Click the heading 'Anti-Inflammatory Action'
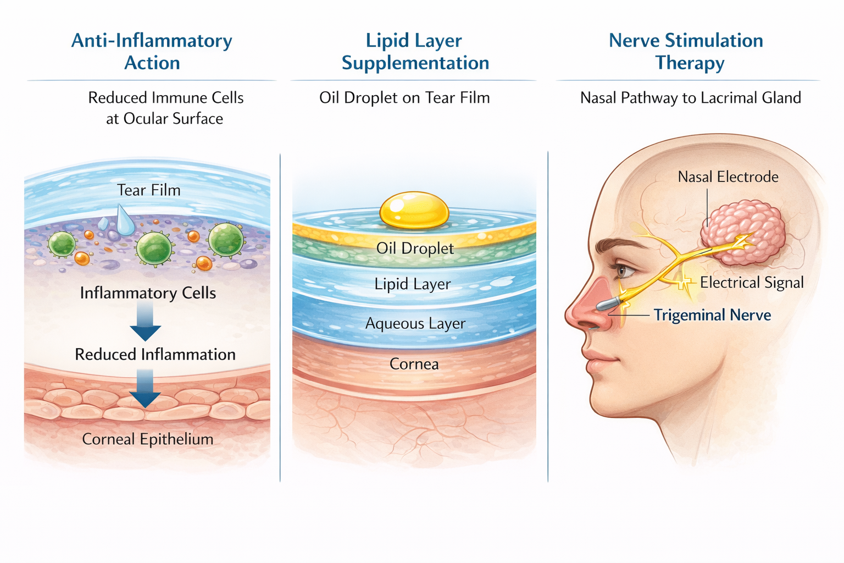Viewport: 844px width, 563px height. (x=152, y=52)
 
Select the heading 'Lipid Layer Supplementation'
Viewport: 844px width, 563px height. (x=415, y=52)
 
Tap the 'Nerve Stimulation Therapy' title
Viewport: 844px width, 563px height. (x=687, y=52)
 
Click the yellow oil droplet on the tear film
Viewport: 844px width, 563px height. (x=414, y=210)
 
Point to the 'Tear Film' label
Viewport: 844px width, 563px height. (x=148, y=190)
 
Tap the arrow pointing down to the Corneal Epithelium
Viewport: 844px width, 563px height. (x=145, y=389)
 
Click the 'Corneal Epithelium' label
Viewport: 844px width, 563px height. (x=147, y=439)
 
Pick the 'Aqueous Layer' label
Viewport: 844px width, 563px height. (x=415, y=323)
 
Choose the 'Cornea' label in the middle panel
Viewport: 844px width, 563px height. (x=414, y=364)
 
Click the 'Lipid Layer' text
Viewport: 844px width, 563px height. (x=412, y=284)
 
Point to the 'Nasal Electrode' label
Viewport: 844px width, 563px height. (x=728, y=177)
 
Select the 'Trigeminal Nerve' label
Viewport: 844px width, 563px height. (x=712, y=315)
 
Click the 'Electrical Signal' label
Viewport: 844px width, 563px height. (x=751, y=283)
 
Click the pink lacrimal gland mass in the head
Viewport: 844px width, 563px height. (x=743, y=231)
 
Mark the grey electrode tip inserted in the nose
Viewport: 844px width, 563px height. (x=609, y=303)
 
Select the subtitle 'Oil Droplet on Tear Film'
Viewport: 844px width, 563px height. (x=404, y=98)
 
